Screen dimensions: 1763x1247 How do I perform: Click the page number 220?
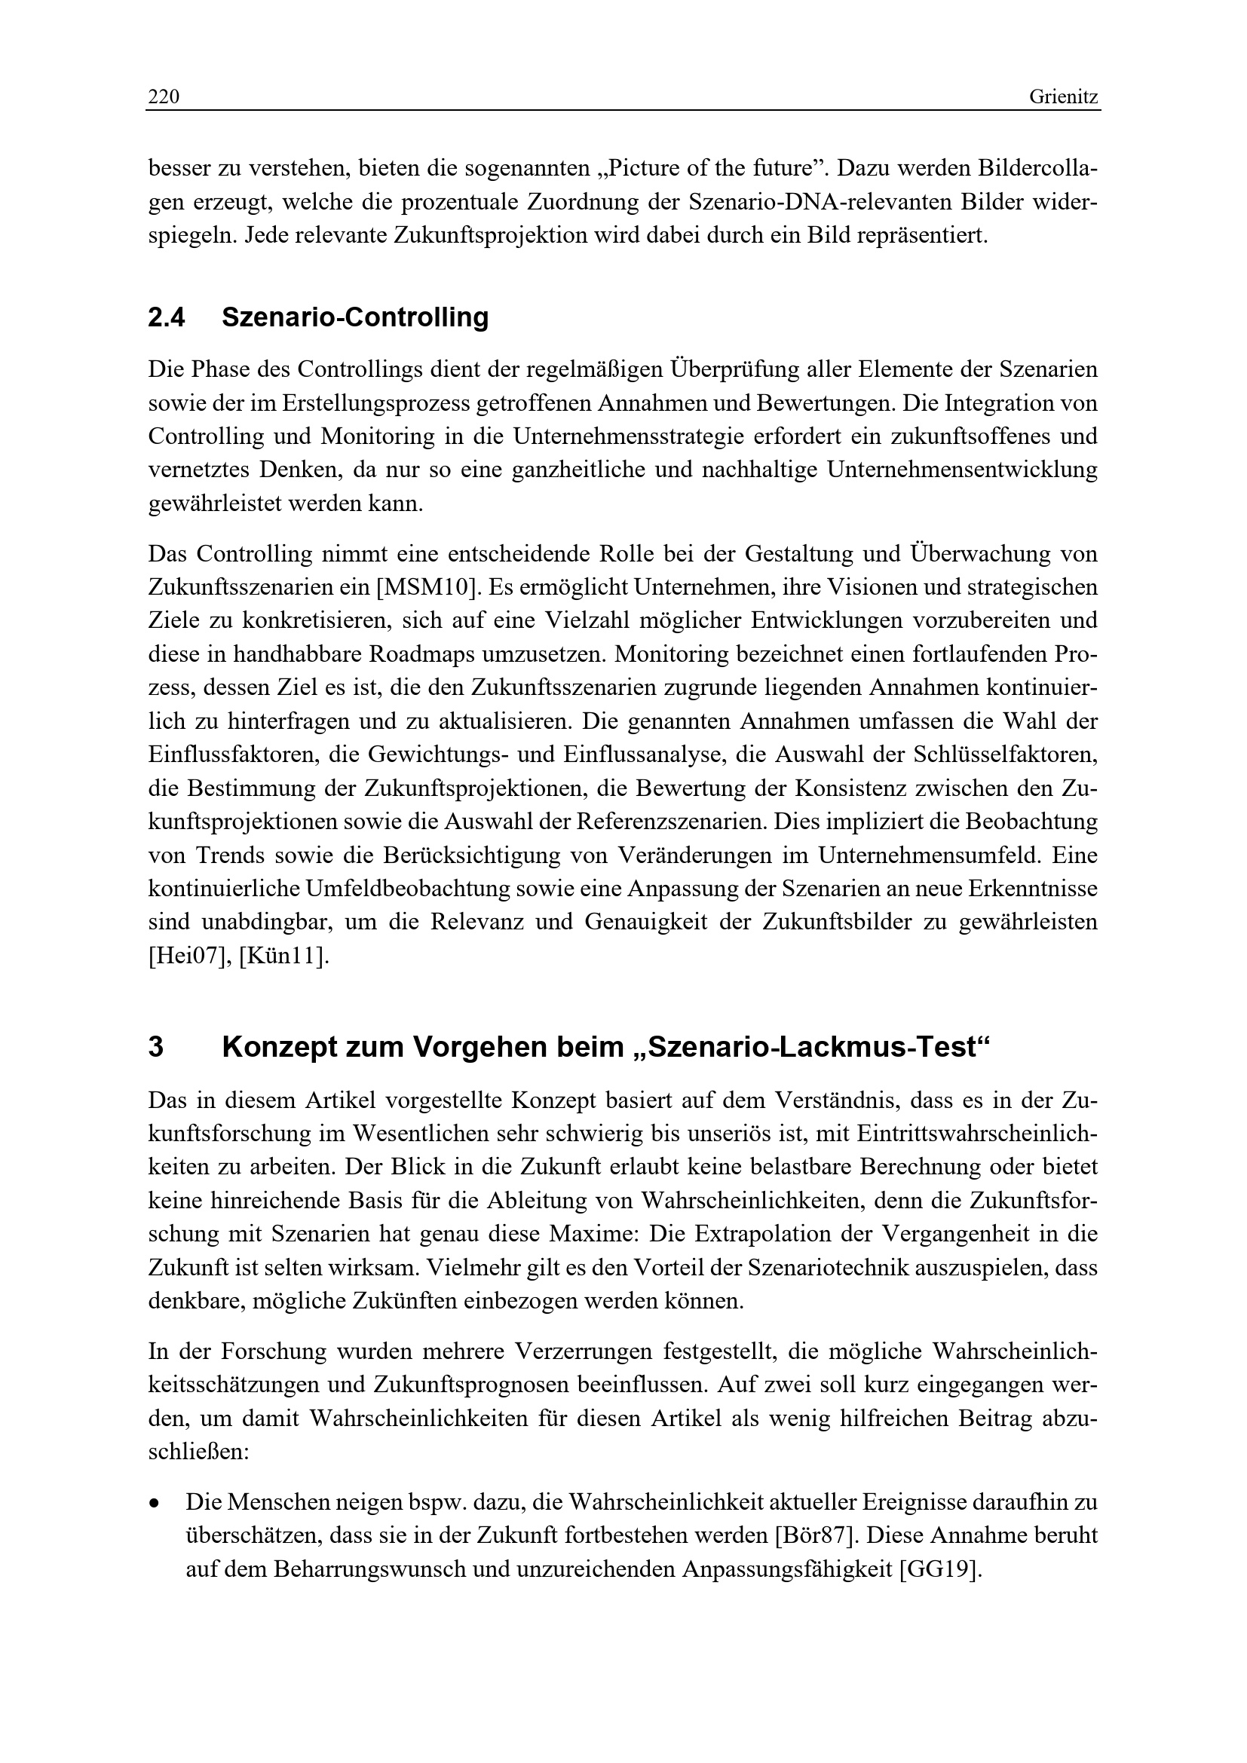pyautogui.click(x=164, y=97)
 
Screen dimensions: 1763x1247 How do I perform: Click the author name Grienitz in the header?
pyautogui.click(x=1064, y=97)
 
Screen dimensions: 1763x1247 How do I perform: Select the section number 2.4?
pyautogui.click(x=167, y=317)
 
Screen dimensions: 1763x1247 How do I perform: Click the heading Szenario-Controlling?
pyautogui.click(x=355, y=317)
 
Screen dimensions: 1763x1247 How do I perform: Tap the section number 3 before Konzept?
pyautogui.click(x=156, y=1048)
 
